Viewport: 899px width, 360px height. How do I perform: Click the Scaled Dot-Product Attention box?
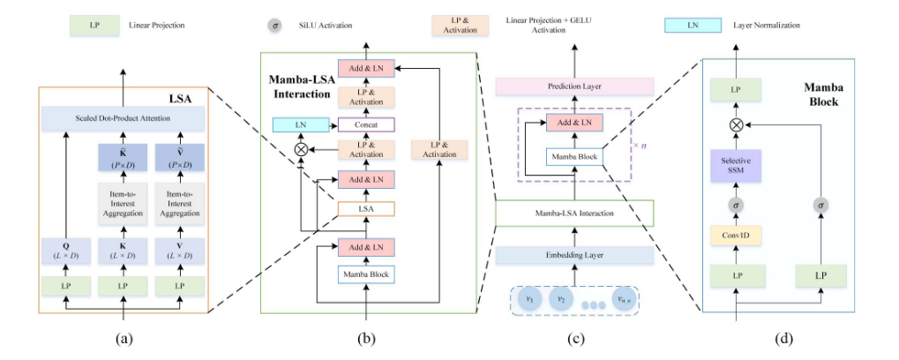click(x=124, y=118)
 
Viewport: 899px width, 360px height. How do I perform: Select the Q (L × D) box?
click(x=65, y=251)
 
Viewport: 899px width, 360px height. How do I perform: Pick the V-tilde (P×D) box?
click(x=179, y=157)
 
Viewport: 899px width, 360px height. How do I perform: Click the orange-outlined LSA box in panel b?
click(x=366, y=209)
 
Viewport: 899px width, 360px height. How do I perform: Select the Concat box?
click(x=366, y=124)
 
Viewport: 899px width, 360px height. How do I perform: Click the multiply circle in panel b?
click(x=301, y=149)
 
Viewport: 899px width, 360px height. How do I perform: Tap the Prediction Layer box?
click(x=573, y=86)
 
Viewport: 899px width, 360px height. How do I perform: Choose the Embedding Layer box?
click(x=574, y=254)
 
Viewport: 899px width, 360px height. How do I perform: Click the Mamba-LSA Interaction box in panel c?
click(x=574, y=214)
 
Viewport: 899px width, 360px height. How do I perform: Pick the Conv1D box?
click(x=738, y=235)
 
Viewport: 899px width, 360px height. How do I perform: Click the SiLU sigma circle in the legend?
click(x=276, y=26)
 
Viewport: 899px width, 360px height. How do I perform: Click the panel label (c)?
click(x=575, y=339)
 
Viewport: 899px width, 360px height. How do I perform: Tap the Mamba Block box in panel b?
click(x=366, y=274)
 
